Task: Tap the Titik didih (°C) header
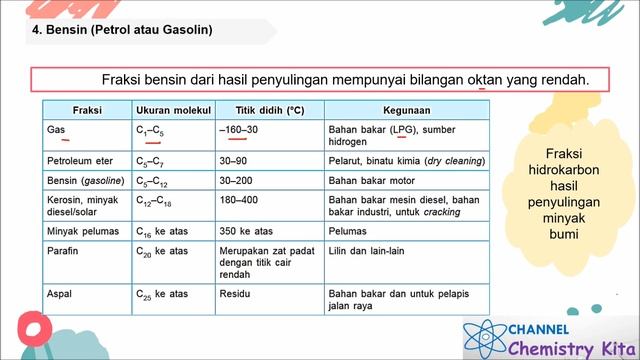pos(268,109)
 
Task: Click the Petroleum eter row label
pos(78,160)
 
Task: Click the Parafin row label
pos(63,250)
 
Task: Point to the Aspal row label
pos(59,295)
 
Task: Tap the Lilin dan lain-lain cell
pos(366,250)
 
